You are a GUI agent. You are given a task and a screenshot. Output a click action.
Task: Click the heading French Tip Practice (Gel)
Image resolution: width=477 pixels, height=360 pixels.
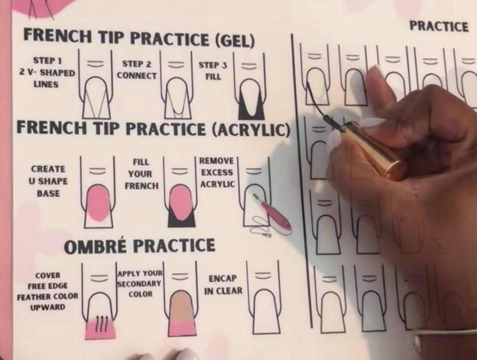tap(139, 38)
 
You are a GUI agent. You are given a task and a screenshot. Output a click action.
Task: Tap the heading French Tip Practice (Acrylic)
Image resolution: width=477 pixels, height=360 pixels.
tap(153, 129)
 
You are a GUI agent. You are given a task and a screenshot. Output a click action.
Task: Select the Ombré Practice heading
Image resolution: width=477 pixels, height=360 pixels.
tap(139, 246)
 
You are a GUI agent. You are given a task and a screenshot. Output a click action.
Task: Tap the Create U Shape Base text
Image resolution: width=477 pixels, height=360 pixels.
tap(48, 181)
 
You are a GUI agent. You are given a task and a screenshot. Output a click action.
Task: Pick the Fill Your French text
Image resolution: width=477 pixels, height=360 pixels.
tap(141, 174)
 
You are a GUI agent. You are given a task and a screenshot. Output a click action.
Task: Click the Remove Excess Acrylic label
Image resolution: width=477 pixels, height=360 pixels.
tap(217, 173)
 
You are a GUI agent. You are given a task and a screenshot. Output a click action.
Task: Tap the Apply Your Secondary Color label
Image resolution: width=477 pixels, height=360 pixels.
tap(140, 284)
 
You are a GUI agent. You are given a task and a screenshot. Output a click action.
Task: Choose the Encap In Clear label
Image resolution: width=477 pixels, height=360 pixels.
tap(223, 285)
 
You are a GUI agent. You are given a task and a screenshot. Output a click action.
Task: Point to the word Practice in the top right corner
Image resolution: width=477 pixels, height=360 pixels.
tap(438, 26)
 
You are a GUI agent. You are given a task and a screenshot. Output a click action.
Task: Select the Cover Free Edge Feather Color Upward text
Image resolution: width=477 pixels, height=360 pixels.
tap(48, 291)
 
